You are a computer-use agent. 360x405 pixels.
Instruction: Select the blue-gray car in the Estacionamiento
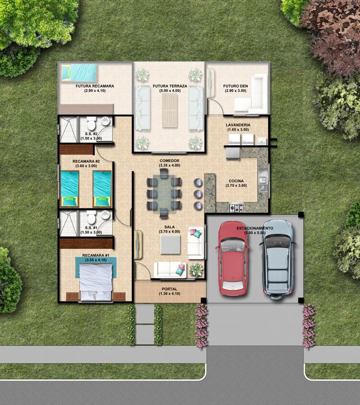278,260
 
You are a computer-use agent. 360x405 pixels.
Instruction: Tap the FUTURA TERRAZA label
169,86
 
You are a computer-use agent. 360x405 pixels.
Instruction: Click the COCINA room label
236,181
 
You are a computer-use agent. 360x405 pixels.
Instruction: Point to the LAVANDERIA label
238,125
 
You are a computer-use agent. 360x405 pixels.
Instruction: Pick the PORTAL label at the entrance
169,289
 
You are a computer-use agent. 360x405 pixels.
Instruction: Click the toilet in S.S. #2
91,124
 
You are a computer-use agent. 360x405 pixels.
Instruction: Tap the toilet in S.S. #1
91,218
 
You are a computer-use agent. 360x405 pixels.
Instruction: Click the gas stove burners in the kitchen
236,208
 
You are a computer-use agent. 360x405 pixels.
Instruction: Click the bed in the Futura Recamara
79,73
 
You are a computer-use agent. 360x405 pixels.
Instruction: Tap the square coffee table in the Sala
170,244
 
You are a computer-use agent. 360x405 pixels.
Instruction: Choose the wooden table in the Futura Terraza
170,110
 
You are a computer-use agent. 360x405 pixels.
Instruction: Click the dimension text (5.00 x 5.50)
255,233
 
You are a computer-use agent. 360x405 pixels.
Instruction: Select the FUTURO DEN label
235,86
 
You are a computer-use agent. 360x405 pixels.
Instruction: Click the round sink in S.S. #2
105,121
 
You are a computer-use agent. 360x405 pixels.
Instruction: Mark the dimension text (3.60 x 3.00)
86,166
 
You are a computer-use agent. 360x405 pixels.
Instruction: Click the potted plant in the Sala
197,270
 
